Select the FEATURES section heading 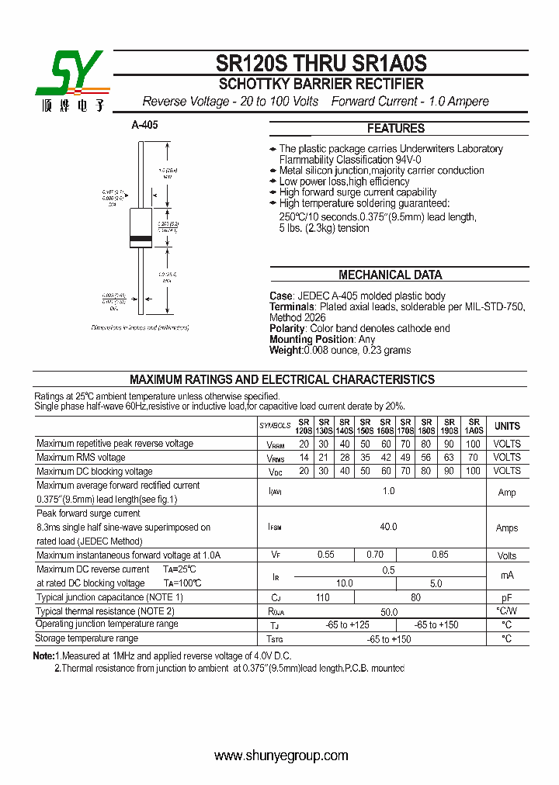point(395,129)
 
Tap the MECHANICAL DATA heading point(390,275)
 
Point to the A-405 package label point(144,125)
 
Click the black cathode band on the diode point(140,237)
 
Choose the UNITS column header point(507,426)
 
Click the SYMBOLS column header point(274,426)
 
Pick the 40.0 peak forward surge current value point(388,527)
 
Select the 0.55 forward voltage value point(325,555)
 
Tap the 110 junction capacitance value point(323,597)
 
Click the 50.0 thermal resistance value point(388,611)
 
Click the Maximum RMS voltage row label point(81,457)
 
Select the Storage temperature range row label point(87,638)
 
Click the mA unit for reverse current point(507,576)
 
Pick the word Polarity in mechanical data point(287,329)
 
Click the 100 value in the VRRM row point(473,444)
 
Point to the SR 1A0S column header point(473,426)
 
